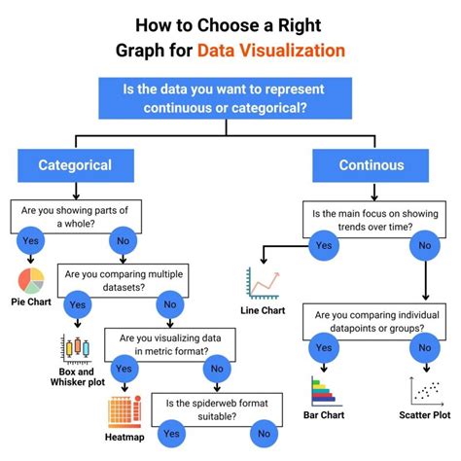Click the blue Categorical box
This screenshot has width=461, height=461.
click(75, 165)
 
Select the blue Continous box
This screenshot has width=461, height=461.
click(371, 165)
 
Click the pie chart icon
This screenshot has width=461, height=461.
click(31, 281)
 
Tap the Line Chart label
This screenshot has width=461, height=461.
click(263, 311)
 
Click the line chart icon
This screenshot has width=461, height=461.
click(263, 284)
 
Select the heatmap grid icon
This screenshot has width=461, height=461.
click(124, 408)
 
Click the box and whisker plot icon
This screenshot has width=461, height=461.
click(75, 348)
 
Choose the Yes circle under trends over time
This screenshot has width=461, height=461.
click(322, 245)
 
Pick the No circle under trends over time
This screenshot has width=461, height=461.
click(425, 245)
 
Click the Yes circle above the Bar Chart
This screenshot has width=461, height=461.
click(322, 348)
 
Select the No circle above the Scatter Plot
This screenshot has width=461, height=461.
click(425, 348)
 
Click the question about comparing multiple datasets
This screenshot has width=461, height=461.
click(123, 280)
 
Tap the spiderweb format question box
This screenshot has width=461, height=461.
click(209, 408)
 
